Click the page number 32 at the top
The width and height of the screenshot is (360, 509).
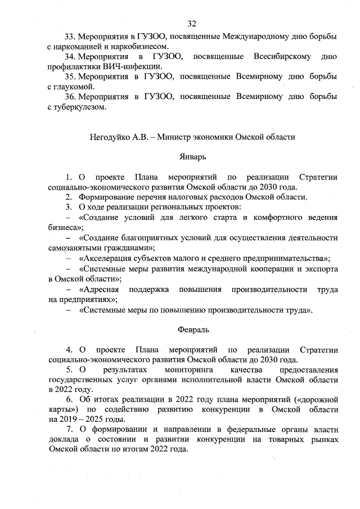pyautogui.click(x=191, y=23)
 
